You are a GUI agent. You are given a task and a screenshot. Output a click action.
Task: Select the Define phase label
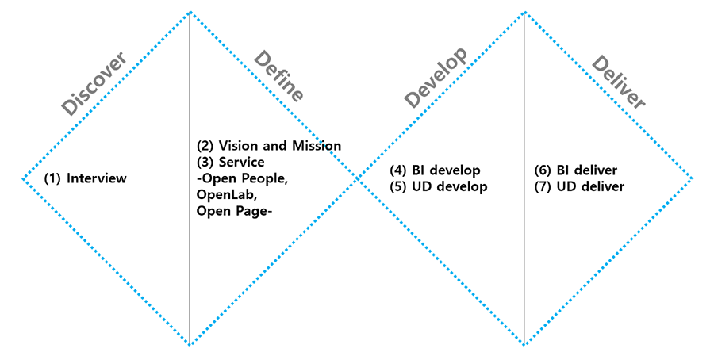coord(278,76)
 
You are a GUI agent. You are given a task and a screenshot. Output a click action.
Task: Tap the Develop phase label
coord(436,77)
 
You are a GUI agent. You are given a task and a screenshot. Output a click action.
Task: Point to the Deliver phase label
coord(619,82)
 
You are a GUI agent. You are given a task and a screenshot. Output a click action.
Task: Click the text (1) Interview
coord(86,178)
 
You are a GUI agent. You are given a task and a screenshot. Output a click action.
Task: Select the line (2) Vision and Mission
coord(269,146)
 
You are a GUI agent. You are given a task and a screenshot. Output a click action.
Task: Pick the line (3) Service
coord(230,162)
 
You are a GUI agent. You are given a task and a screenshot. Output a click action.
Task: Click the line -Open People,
coord(242,178)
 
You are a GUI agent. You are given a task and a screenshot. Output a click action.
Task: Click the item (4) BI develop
coord(435,170)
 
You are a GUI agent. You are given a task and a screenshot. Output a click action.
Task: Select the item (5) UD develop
coord(438,187)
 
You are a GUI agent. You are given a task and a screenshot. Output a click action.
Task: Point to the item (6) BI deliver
coord(577,170)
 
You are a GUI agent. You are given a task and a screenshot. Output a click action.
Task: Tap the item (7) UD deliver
coord(580,187)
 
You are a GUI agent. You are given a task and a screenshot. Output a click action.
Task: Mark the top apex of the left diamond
coord(190,12)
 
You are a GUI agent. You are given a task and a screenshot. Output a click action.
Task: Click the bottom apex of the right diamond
coord(524,345)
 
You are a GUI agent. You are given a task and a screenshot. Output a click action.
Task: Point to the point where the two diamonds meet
coord(357,178)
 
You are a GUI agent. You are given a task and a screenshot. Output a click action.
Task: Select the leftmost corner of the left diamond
coord(22,178)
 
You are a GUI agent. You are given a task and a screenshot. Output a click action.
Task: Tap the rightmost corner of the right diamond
coord(692,178)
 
